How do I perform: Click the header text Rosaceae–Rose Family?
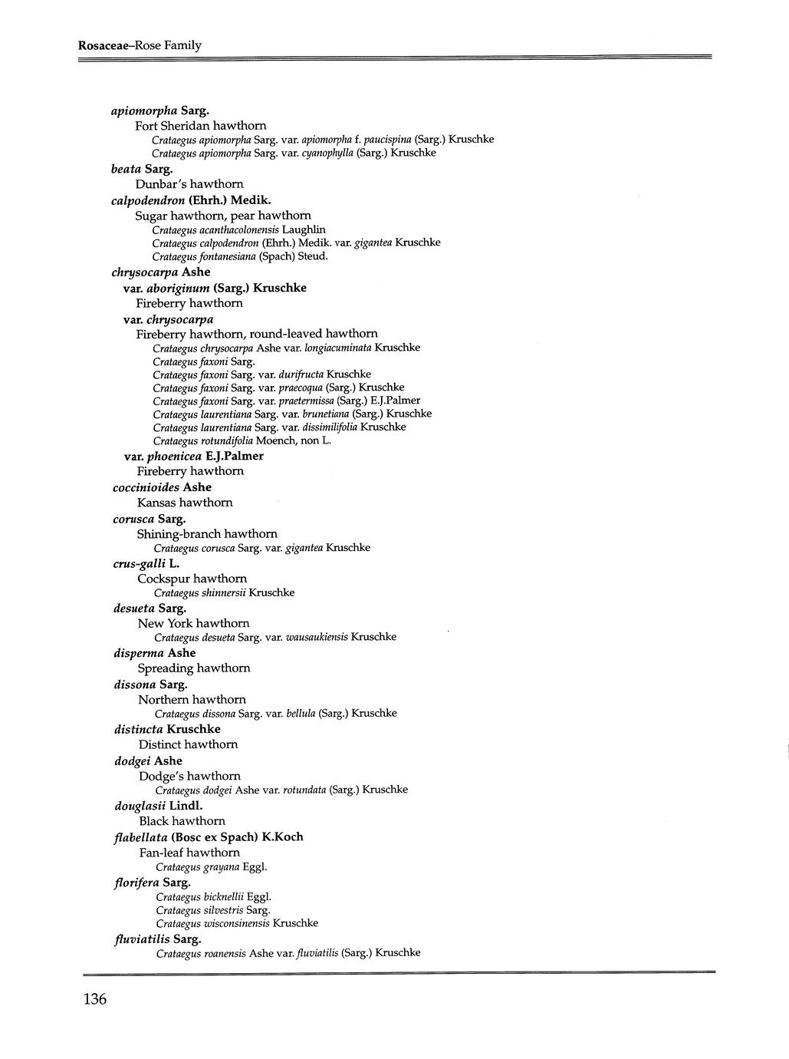(x=140, y=45)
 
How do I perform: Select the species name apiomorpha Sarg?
(x=153, y=110)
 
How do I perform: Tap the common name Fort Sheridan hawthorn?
(x=201, y=125)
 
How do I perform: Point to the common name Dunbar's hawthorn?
(x=189, y=184)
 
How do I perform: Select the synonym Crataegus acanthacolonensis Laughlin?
(x=238, y=229)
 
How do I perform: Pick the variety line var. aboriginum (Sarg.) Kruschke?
(x=215, y=288)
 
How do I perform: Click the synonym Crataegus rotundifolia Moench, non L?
(x=242, y=440)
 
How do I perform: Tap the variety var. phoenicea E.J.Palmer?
(x=193, y=456)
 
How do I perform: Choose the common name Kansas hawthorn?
(x=185, y=503)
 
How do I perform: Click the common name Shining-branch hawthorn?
(x=207, y=533)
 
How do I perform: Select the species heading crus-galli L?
(x=146, y=564)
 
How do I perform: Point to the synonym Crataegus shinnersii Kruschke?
(x=224, y=592)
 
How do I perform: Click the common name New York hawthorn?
(x=193, y=623)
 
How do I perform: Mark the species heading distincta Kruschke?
(x=167, y=729)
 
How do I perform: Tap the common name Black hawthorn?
(x=182, y=821)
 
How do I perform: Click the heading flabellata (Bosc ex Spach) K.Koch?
(x=209, y=837)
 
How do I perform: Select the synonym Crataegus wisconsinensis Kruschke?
(x=237, y=923)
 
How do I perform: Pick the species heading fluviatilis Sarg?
(x=157, y=939)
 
